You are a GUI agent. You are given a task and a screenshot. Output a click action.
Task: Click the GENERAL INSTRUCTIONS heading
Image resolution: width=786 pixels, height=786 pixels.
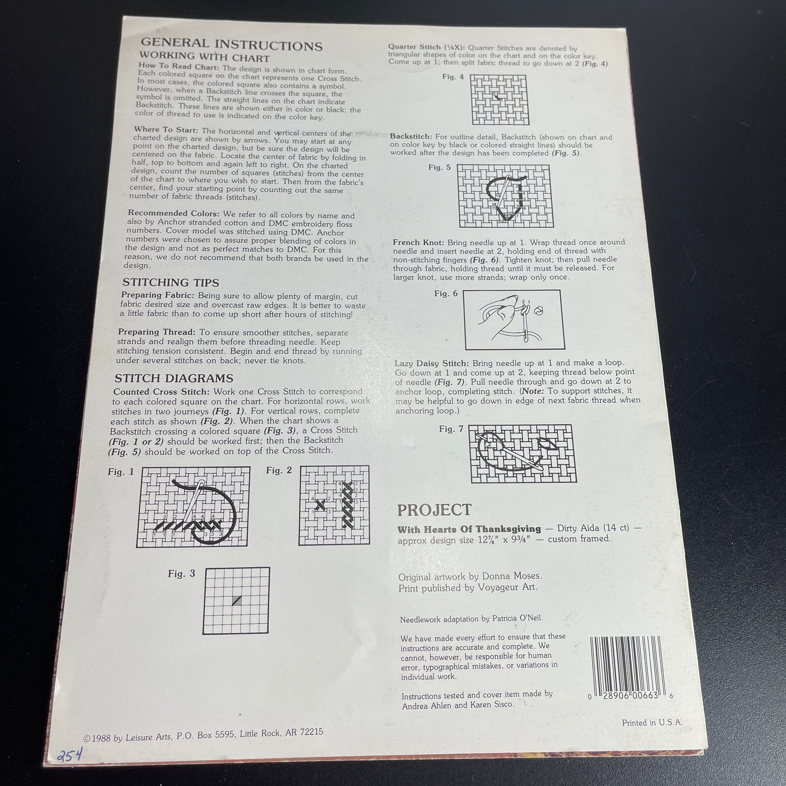click(x=231, y=46)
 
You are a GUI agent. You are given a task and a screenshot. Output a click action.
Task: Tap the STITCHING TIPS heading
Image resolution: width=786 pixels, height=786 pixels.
click(x=170, y=282)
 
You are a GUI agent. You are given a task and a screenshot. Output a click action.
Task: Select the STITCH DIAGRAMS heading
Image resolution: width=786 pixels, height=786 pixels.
click(x=174, y=378)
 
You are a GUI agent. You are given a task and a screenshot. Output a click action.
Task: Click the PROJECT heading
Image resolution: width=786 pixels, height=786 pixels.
click(x=434, y=510)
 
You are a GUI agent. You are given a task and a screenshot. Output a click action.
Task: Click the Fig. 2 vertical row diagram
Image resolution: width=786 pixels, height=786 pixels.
click(x=334, y=505)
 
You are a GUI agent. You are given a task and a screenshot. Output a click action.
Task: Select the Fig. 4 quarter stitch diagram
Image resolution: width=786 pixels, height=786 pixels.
click(x=498, y=99)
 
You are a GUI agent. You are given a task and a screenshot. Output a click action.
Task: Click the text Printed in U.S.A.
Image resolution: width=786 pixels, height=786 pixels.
click(x=652, y=723)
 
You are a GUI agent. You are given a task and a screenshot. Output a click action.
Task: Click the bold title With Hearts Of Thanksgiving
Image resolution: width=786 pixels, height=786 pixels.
click(x=469, y=529)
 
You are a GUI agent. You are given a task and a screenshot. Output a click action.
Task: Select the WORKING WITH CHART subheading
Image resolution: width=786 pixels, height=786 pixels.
click(x=204, y=58)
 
